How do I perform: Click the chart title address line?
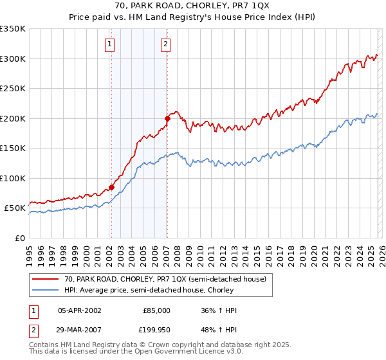(x=192, y=7)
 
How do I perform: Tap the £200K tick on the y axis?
(x=12, y=118)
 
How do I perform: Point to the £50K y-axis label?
(x=14, y=208)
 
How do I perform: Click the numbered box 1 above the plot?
(x=110, y=44)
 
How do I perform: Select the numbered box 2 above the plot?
(x=166, y=44)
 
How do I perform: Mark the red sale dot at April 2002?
(x=111, y=187)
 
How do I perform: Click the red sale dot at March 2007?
(x=167, y=118)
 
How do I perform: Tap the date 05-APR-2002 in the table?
(x=79, y=310)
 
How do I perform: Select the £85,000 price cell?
(x=156, y=310)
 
